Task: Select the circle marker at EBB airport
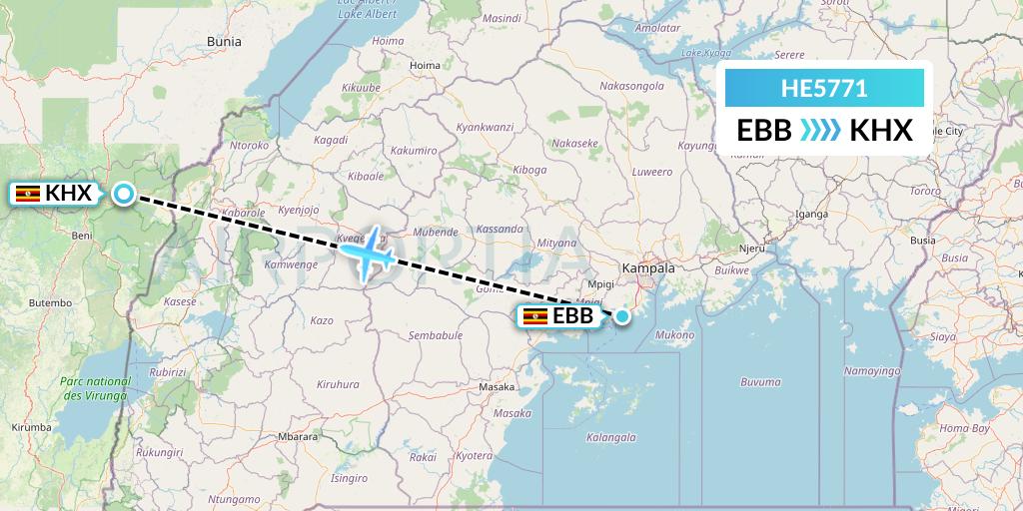coord(622,317)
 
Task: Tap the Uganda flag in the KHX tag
coord(28,194)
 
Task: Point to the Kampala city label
coord(648,268)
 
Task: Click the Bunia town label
coord(224,42)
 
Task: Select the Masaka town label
coord(497,386)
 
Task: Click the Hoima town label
coord(425,66)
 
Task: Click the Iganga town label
coord(811,214)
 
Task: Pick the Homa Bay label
coord(965,428)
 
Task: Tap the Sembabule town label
coord(436,335)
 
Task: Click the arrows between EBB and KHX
coord(820,130)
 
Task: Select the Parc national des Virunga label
coord(95,388)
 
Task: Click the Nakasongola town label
coord(631,86)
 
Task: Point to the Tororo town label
coord(925,190)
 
